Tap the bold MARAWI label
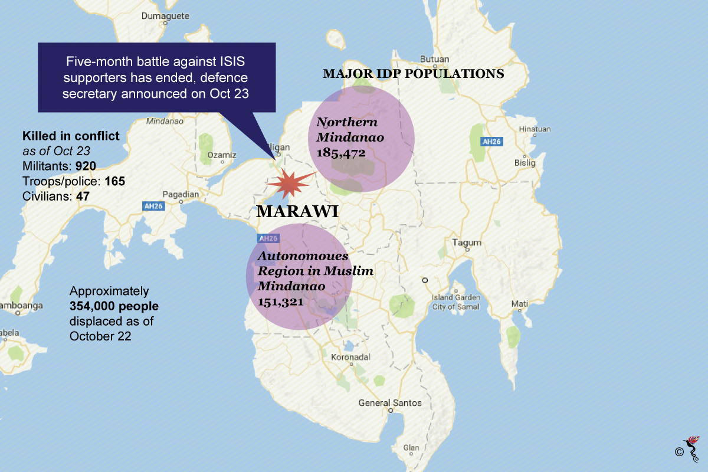297,211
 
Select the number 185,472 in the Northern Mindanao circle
341,153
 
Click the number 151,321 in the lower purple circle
281,302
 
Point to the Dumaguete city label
165,16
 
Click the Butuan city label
434,59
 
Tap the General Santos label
390,403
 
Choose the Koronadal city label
350,357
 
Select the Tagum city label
467,242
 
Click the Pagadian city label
181,194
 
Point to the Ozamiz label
222,155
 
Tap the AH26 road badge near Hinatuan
491,142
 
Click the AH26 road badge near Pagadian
153,206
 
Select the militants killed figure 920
86,166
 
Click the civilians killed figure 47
83,196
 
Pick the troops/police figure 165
114,181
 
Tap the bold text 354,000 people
114,306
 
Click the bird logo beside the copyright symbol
692,450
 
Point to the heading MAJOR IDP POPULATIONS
413,73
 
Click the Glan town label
411,447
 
